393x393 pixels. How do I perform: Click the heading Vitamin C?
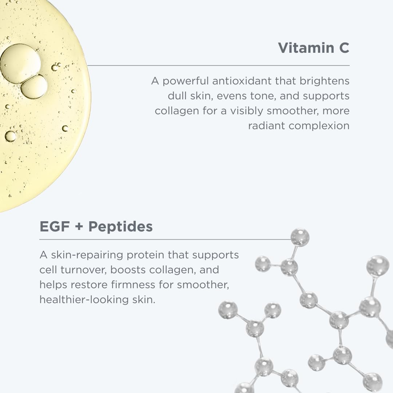(x=313, y=48)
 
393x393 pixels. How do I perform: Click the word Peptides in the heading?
(x=120, y=226)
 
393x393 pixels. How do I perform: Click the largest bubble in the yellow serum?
(x=20, y=64)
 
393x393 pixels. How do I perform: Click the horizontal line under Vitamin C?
(x=218, y=65)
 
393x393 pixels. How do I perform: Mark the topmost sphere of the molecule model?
(x=300, y=237)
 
